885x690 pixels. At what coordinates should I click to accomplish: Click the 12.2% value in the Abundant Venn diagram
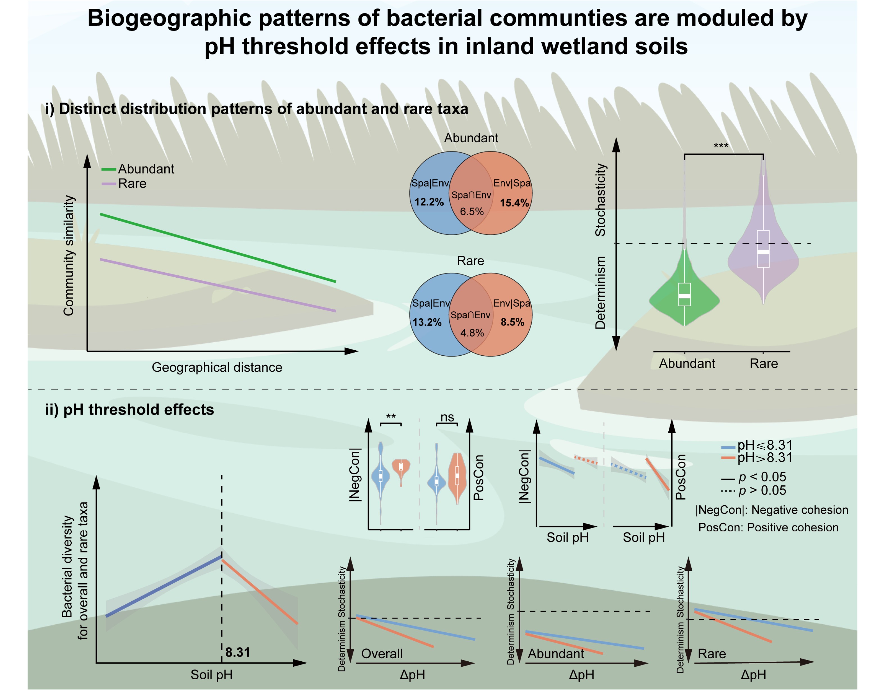pyautogui.click(x=429, y=202)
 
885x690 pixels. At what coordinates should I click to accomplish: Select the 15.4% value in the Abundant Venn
pyautogui.click(x=514, y=203)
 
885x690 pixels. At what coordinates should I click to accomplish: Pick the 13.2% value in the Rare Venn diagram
pyautogui.click(x=427, y=322)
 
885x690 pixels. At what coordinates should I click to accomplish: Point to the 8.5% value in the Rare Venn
pyautogui.click(x=512, y=322)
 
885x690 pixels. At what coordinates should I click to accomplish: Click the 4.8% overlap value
pyautogui.click(x=472, y=333)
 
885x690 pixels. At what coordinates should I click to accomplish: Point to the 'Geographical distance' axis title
pyautogui.click(x=217, y=367)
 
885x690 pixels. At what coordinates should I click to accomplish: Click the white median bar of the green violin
pyautogui.click(x=684, y=296)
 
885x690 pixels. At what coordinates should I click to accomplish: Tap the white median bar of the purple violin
pyautogui.click(x=763, y=252)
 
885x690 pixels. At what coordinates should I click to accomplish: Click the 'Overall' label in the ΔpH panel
pyautogui.click(x=382, y=654)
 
